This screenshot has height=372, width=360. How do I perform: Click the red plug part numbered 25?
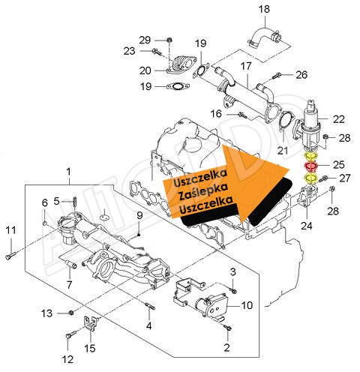point(310,166)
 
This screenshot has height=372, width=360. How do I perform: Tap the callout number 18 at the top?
point(264,9)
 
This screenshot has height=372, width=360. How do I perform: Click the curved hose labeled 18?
point(265,38)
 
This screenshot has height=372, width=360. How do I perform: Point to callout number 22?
point(339,119)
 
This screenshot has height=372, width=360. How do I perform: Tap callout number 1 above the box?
point(68,172)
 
